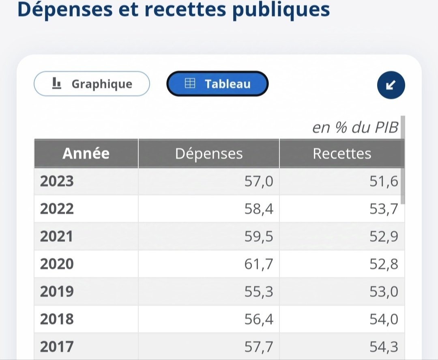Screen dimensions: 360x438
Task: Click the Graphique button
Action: coord(92,84)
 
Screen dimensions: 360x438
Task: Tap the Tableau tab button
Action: coord(217,84)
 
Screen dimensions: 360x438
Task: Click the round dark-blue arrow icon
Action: coord(391,85)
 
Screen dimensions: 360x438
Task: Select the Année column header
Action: coord(86,153)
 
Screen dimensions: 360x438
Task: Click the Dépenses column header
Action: coord(209,153)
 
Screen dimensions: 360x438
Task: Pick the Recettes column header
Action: coord(342,153)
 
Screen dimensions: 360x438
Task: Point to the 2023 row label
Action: coord(57,181)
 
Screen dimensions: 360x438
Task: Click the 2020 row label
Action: coord(57,264)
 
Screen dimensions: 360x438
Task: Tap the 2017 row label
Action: coord(57,347)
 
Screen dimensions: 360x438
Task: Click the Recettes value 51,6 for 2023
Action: coord(384,181)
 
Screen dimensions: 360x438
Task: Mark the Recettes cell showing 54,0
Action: coord(384,319)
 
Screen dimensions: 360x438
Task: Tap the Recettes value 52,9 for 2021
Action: coord(384,236)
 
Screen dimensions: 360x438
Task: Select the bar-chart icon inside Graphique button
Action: coord(57,84)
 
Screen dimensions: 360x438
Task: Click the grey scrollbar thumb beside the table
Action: coord(403,160)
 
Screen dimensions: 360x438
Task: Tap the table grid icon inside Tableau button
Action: coord(190,84)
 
